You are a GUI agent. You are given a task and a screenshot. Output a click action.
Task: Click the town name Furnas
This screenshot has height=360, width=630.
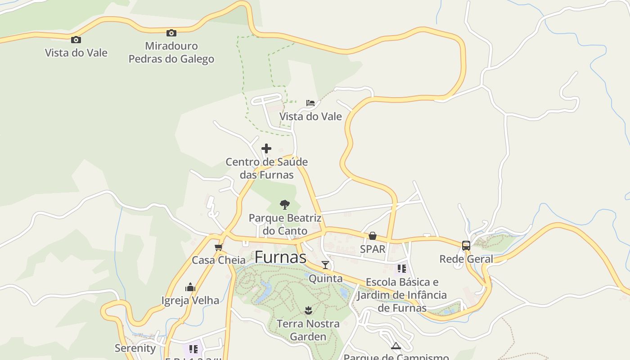[x=280, y=257]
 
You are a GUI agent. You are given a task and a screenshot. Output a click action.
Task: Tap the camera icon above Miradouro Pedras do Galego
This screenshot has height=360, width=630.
[x=171, y=33]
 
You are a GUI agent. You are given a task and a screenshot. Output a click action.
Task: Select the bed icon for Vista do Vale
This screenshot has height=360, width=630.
[x=310, y=103]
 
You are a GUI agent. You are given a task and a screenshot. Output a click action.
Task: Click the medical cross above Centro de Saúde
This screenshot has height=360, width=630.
[x=266, y=148]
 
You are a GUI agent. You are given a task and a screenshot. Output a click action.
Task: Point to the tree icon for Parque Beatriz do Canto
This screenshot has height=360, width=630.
[x=284, y=205]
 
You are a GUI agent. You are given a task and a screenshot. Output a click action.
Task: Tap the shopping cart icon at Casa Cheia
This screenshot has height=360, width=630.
[x=219, y=247]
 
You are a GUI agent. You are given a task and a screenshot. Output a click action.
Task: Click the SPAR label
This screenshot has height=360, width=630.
[x=373, y=249]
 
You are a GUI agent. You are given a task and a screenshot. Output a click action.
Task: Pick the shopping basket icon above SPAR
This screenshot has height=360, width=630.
[x=373, y=236]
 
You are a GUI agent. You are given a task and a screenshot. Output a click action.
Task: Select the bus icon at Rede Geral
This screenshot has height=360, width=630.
[x=466, y=246]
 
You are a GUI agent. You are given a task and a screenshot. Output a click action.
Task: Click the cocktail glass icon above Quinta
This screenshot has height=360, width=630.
[x=325, y=265]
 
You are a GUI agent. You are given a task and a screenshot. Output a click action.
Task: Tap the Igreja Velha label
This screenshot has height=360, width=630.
[x=190, y=300]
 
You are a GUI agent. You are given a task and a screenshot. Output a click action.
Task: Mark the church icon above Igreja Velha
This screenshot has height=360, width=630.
[x=190, y=287]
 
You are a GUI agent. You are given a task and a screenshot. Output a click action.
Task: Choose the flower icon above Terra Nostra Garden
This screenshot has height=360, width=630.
[x=308, y=310]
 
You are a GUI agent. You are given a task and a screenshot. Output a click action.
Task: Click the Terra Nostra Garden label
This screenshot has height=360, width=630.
[x=308, y=330]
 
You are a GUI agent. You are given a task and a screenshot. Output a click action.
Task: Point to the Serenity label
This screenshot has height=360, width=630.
[x=135, y=348]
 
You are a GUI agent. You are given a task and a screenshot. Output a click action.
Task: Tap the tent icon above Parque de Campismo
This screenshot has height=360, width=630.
[x=396, y=346]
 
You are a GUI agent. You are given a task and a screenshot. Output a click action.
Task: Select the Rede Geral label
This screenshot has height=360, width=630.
[x=466, y=259]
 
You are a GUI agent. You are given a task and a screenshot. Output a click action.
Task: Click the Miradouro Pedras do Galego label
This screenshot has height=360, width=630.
[x=171, y=52]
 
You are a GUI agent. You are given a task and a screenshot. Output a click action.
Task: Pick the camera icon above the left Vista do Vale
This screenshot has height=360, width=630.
[x=76, y=40]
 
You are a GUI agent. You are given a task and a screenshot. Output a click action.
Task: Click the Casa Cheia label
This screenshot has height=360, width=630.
[x=219, y=260]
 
